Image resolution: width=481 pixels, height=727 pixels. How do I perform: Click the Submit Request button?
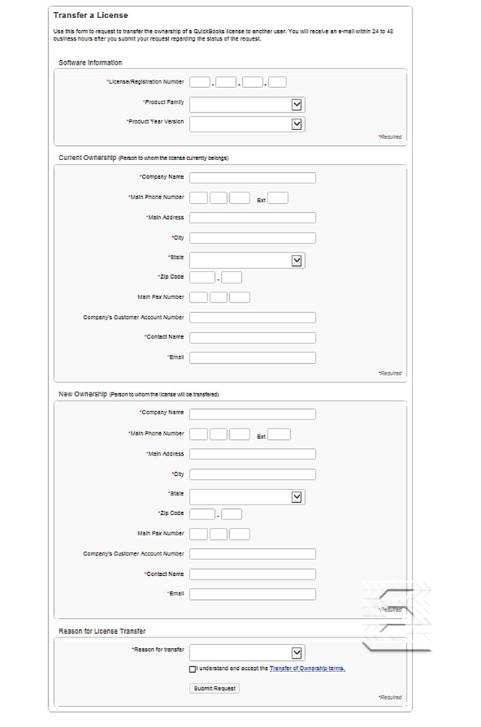coord(215,688)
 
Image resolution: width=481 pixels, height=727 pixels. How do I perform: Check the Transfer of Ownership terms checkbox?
coord(192,668)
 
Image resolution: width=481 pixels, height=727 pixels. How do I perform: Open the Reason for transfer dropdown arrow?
coord(297,653)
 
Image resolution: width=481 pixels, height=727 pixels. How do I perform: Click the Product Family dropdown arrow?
coord(297,105)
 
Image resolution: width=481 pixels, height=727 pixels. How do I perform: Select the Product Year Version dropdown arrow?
coord(297,124)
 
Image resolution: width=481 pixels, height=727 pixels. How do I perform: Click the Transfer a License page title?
coord(90,15)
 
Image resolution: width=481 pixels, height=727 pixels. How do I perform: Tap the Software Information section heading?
coord(90,62)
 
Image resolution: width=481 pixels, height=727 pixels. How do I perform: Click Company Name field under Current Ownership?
coord(253,178)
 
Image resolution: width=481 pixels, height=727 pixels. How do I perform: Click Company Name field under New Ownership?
coord(253,414)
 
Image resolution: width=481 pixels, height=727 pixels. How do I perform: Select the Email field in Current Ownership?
coord(253,357)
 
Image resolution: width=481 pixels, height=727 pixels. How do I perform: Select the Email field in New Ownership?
coord(253,594)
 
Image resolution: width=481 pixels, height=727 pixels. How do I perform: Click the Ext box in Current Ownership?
coord(278,198)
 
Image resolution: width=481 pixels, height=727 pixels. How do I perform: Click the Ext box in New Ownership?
coord(279,435)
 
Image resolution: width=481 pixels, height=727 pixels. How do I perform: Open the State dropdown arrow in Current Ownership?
coord(297,260)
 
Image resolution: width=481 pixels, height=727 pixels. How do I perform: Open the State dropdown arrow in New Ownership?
coord(297,497)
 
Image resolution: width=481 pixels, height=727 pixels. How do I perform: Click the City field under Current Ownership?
coord(253,238)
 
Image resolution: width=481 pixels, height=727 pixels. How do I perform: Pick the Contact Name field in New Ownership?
coord(253,574)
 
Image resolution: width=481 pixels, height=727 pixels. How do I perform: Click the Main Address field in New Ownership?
coord(253,454)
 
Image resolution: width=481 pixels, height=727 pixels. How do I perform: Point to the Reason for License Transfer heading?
coord(102,631)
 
